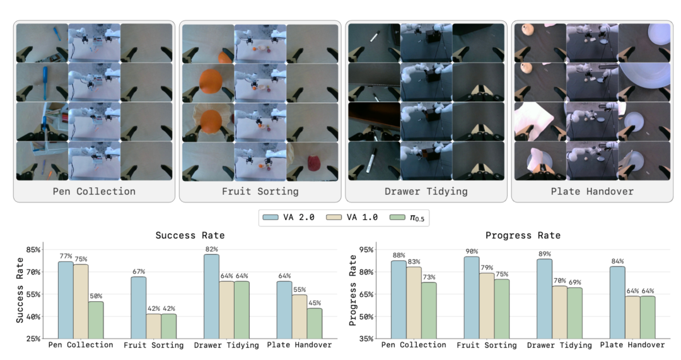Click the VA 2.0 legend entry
point(288,217)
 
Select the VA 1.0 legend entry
point(352,217)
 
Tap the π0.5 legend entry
point(407,217)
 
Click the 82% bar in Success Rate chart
point(211,296)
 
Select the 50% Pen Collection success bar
point(96,320)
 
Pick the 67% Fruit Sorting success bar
point(139,308)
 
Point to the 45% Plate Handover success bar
point(315,323)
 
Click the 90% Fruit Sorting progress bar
point(472,298)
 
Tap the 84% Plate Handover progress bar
point(617,302)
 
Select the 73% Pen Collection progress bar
point(429,310)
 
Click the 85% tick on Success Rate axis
point(33,250)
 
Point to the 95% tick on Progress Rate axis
point(366,250)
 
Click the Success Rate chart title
point(190,235)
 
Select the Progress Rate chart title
point(523,235)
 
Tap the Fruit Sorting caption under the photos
point(260,192)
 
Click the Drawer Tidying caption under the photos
point(426,192)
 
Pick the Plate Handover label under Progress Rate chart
point(632,345)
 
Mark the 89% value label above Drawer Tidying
point(544,254)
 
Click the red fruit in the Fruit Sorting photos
point(313,163)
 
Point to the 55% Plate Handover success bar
point(300,316)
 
